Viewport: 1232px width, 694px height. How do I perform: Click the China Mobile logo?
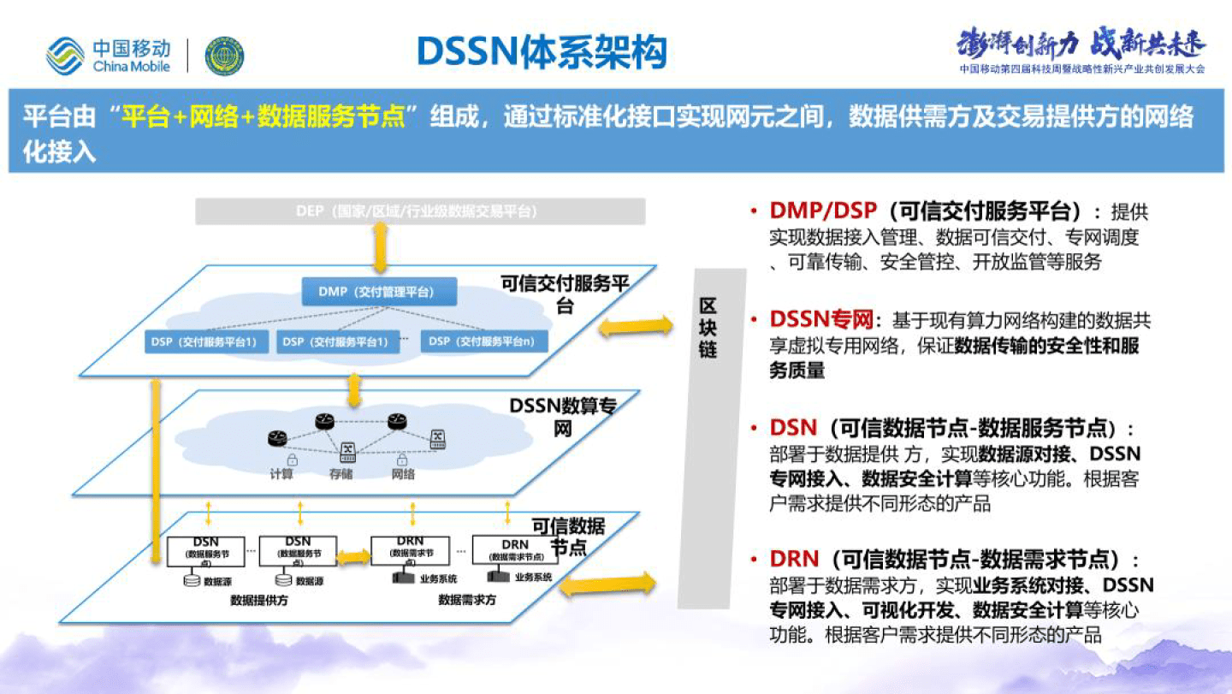pos(109,56)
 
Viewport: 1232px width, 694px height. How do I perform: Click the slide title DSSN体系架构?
pos(542,52)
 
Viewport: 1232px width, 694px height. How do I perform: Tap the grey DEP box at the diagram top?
pos(420,211)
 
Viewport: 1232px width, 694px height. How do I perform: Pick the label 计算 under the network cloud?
pos(281,473)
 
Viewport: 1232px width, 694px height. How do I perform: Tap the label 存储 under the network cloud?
pos(341,473)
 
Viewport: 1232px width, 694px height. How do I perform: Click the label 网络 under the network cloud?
pos(402,473)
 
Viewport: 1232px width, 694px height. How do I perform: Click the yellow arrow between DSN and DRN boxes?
pos(353,558)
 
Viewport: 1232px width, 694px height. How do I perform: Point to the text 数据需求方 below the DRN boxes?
pos(467,600)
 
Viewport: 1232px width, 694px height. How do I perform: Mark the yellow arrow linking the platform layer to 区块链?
pos(636,325)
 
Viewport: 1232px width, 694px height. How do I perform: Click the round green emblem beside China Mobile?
pos(224,56)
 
